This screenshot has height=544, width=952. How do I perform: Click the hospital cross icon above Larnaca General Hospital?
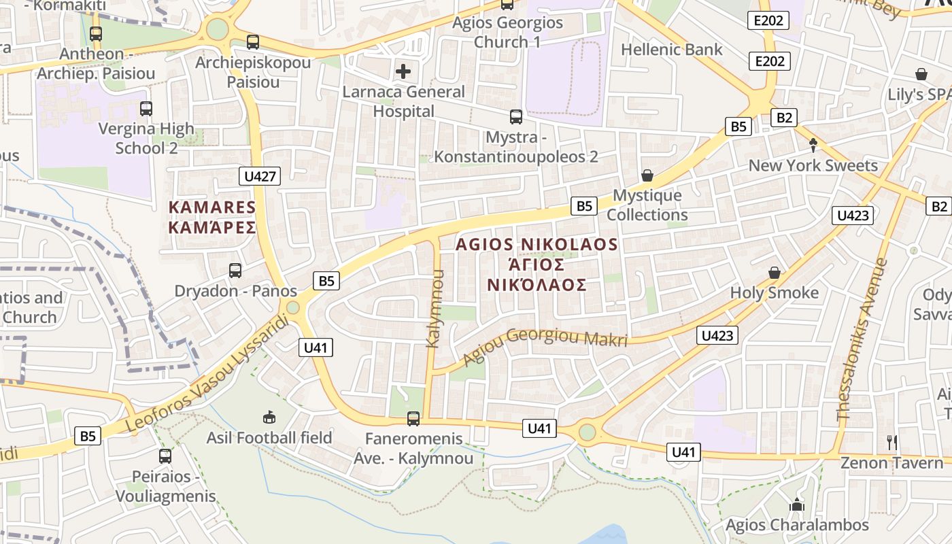403,71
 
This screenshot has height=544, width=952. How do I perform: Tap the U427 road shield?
260,177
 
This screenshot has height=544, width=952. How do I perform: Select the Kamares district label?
212,217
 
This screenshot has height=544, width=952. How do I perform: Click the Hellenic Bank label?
672,50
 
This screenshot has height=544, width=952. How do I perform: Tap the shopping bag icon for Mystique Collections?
647,176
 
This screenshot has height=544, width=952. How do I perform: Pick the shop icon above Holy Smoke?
774,273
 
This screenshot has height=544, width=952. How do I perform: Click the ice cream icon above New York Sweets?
813,145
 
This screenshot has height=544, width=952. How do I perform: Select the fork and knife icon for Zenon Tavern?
892,443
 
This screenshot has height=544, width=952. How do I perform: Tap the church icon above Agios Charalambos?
796,505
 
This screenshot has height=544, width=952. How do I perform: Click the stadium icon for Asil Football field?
269,417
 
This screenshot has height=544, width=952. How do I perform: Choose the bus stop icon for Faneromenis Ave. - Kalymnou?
413,419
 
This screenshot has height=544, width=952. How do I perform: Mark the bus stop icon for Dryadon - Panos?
235,271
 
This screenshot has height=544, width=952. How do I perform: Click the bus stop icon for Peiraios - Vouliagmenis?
165,456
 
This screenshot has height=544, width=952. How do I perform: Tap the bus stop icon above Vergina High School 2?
146,108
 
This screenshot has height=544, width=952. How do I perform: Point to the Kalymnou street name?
435,309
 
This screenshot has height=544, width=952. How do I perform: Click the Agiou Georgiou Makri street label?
545,346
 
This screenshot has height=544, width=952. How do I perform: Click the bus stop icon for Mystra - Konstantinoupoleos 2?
516,117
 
